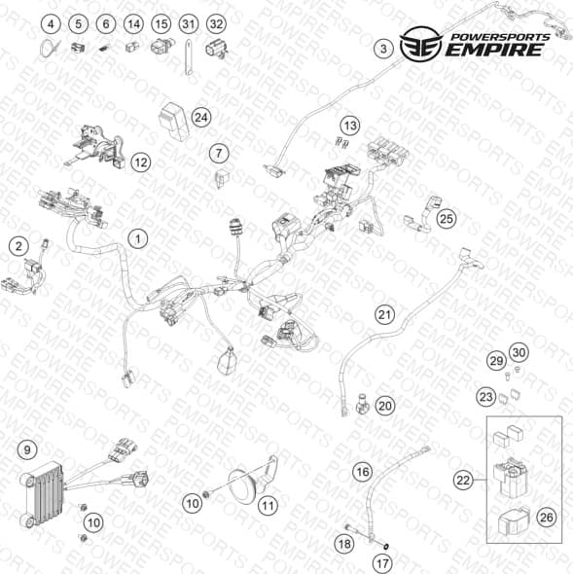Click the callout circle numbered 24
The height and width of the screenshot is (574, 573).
201,118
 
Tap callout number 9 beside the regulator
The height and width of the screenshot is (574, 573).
27,449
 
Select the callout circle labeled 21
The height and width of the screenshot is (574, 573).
384,315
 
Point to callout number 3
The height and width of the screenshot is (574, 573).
383,49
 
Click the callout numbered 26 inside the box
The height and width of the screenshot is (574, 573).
547,518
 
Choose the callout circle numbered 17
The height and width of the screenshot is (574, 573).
382,563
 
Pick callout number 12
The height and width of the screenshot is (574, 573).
141,162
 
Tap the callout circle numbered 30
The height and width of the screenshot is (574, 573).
519,352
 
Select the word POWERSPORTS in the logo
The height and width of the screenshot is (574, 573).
500,37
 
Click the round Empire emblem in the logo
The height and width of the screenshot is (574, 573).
421,44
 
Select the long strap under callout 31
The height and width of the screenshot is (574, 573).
188,57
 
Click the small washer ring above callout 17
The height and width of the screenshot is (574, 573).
385,547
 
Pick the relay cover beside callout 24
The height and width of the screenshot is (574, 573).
173,121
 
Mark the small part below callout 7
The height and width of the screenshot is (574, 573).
222,178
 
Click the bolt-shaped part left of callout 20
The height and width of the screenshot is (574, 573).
362,404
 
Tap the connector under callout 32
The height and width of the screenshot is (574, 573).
216,49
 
